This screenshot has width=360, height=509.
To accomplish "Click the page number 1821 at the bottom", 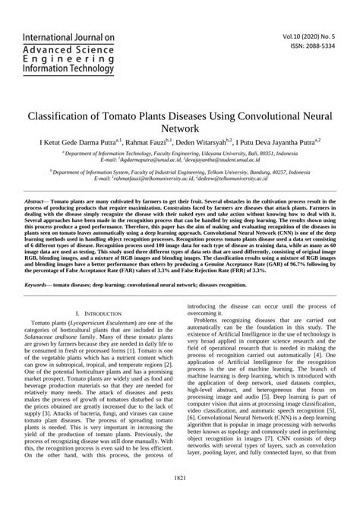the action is [180, 498].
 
